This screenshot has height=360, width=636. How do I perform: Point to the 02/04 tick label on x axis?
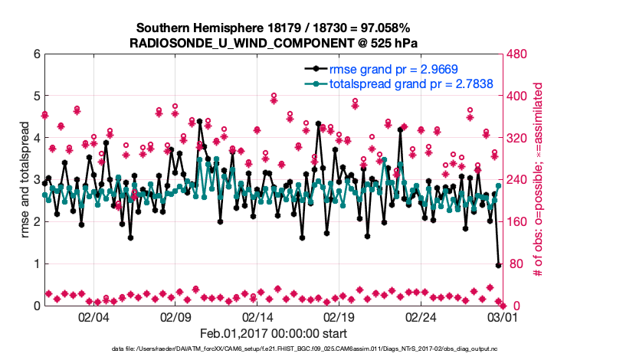point(93,317)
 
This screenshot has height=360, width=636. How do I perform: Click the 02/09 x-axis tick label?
point(175,317)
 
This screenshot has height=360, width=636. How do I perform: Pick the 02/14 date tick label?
point(257,317)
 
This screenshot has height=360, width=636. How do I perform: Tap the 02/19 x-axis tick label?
point(339,317)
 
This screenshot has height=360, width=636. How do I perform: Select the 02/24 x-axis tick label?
point(421,317)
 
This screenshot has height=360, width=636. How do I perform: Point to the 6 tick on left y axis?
point(36,54)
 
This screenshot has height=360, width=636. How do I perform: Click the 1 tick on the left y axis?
point(36,263)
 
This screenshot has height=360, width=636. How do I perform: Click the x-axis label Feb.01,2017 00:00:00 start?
point(273,333)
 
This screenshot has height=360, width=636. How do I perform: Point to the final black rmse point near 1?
point(499,265)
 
